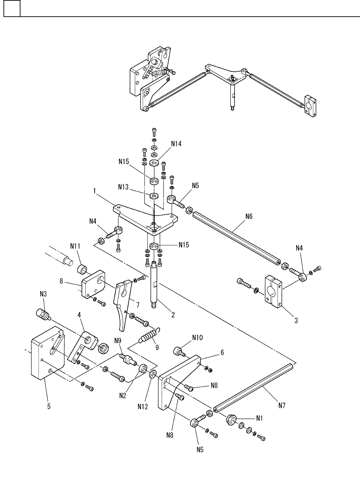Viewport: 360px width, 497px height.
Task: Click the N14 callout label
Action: tap(176, 144)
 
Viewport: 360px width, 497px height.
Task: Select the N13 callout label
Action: tap(123, 187)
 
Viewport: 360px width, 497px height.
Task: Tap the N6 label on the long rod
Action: tap(249, 216)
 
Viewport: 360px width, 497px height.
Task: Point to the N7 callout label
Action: tap(282, 406)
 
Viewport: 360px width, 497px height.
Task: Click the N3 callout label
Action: tap(43, 294)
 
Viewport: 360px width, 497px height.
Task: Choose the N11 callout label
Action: tap(75, 246)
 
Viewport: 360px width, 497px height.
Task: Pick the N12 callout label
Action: tap(143, 407)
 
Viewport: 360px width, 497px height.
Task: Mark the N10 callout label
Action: tap(197, 338)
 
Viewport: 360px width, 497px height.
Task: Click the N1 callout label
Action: tap(259, 418)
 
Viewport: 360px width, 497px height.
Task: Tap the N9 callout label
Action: tap(118, 340)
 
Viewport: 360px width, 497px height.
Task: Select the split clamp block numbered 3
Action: tap(273, 291)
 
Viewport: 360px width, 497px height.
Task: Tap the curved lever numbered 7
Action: tap(122, 304)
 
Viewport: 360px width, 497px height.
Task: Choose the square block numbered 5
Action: tap(48, 353)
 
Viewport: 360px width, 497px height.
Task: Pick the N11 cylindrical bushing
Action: tap(82, 269)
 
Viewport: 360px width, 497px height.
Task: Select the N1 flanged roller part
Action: tap(231, 419)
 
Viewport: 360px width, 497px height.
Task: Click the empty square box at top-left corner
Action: tap(12, 8)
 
